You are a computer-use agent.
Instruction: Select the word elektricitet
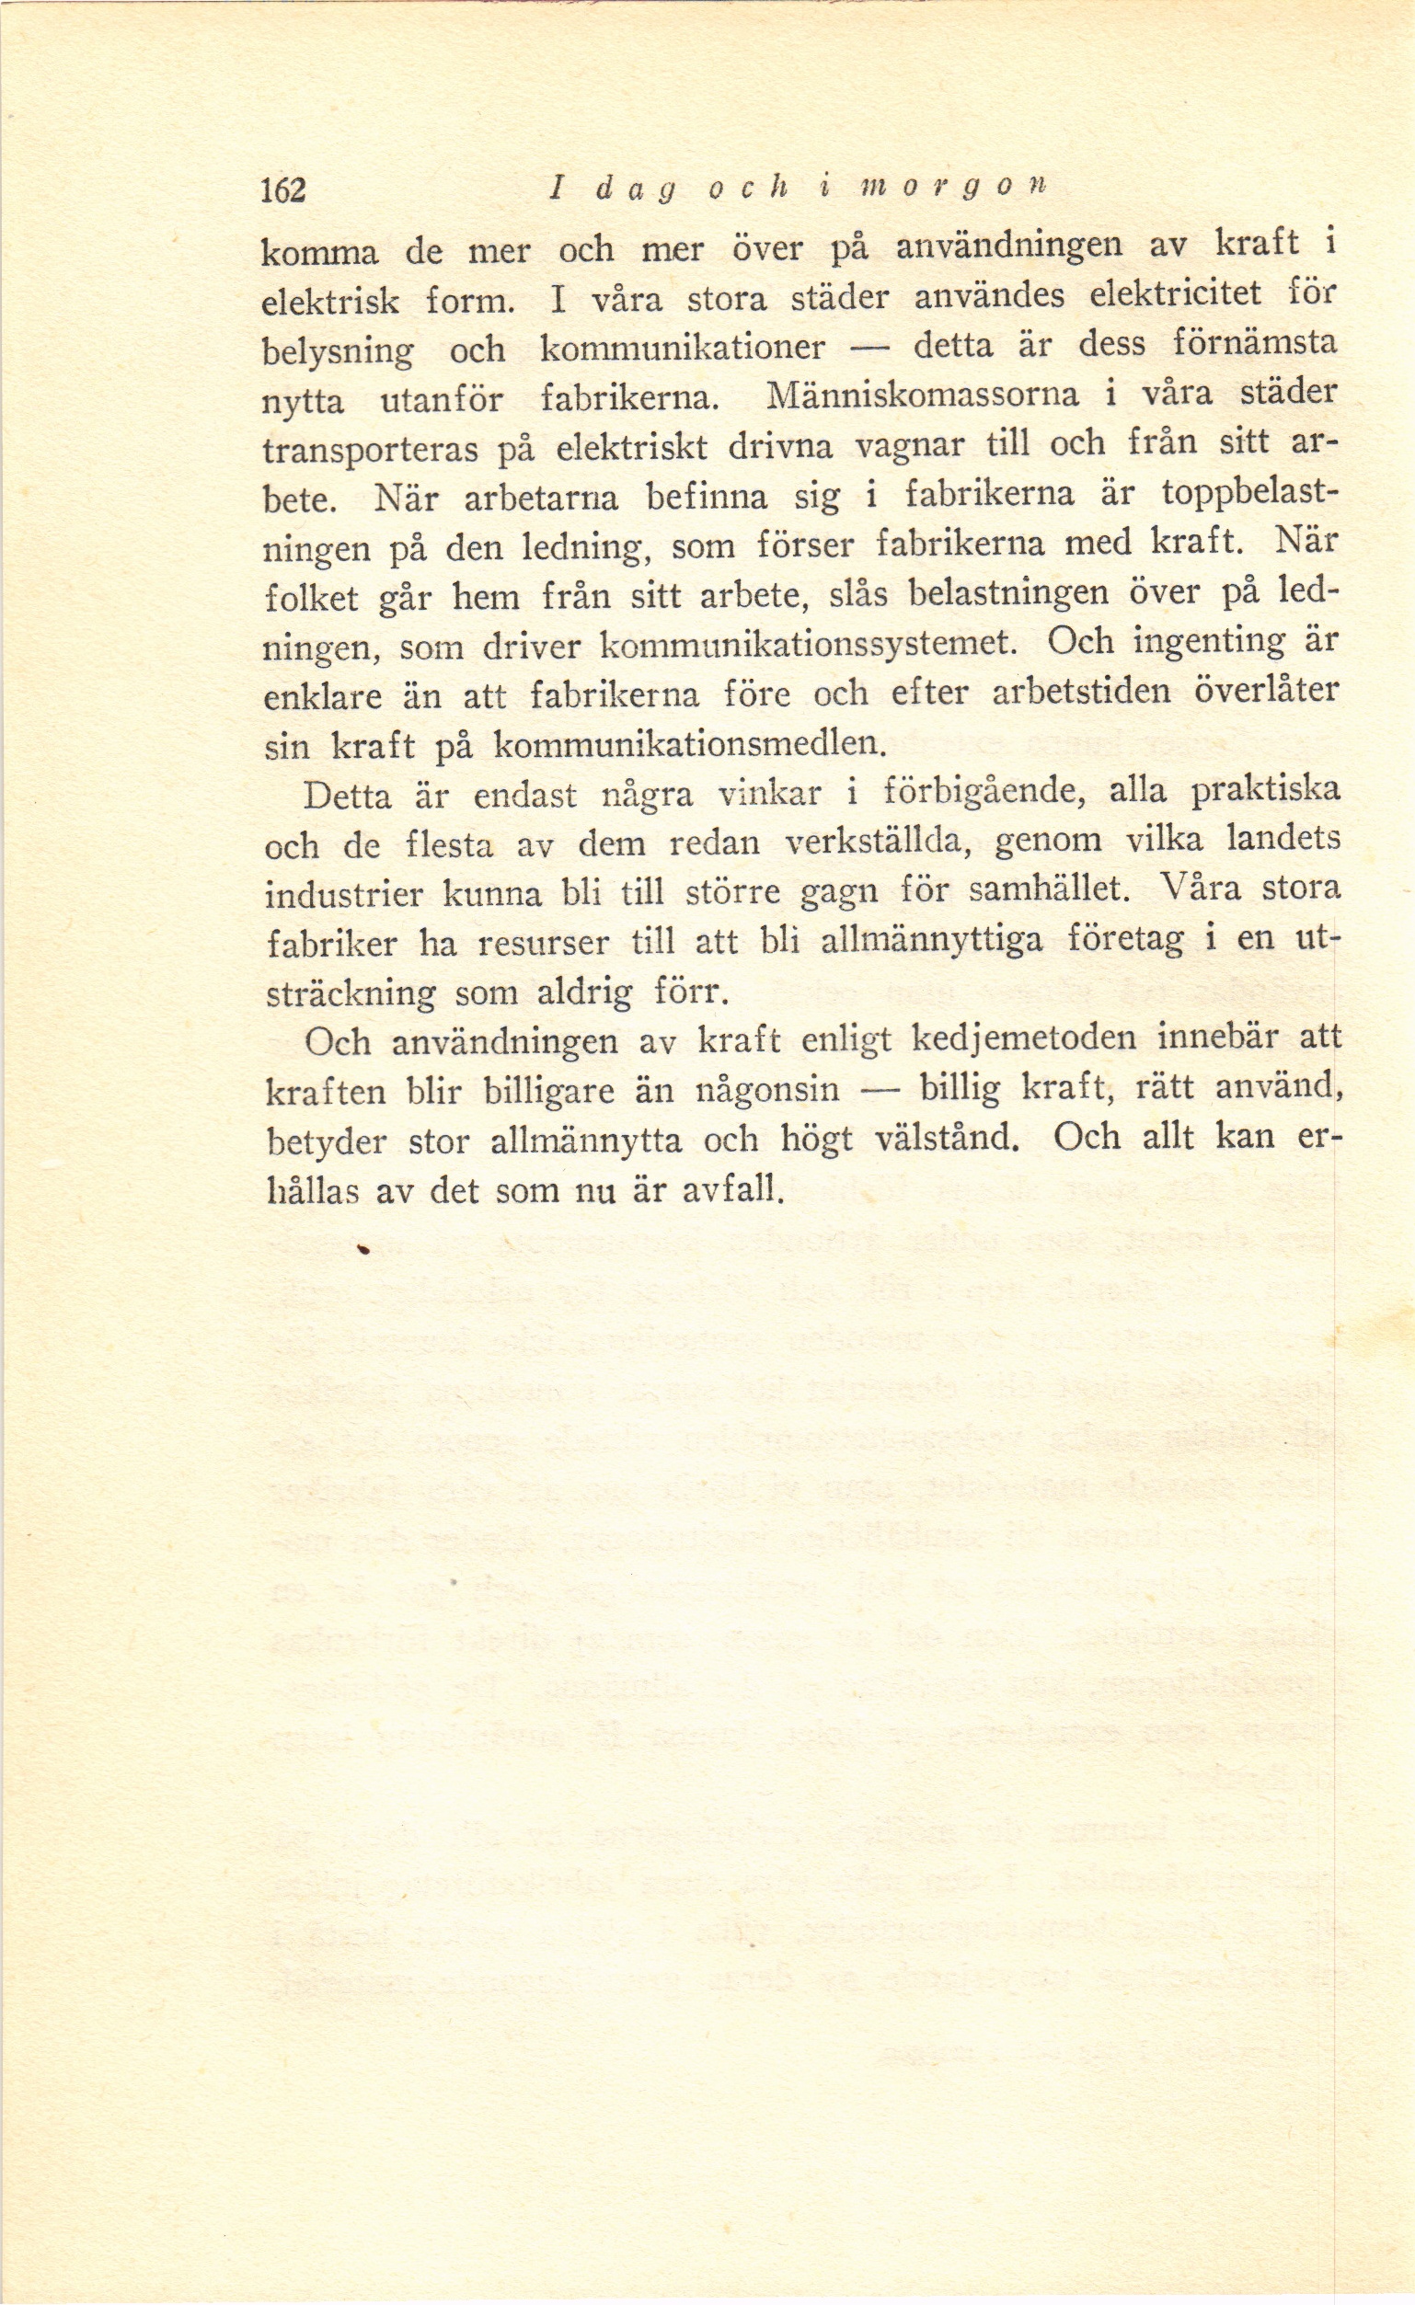[x=1182, y=295]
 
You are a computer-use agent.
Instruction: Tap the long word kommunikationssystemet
[x=808, y=645]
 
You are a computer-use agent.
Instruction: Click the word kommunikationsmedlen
[x=688, y=745]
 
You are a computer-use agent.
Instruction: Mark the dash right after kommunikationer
[x=869, y=349]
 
